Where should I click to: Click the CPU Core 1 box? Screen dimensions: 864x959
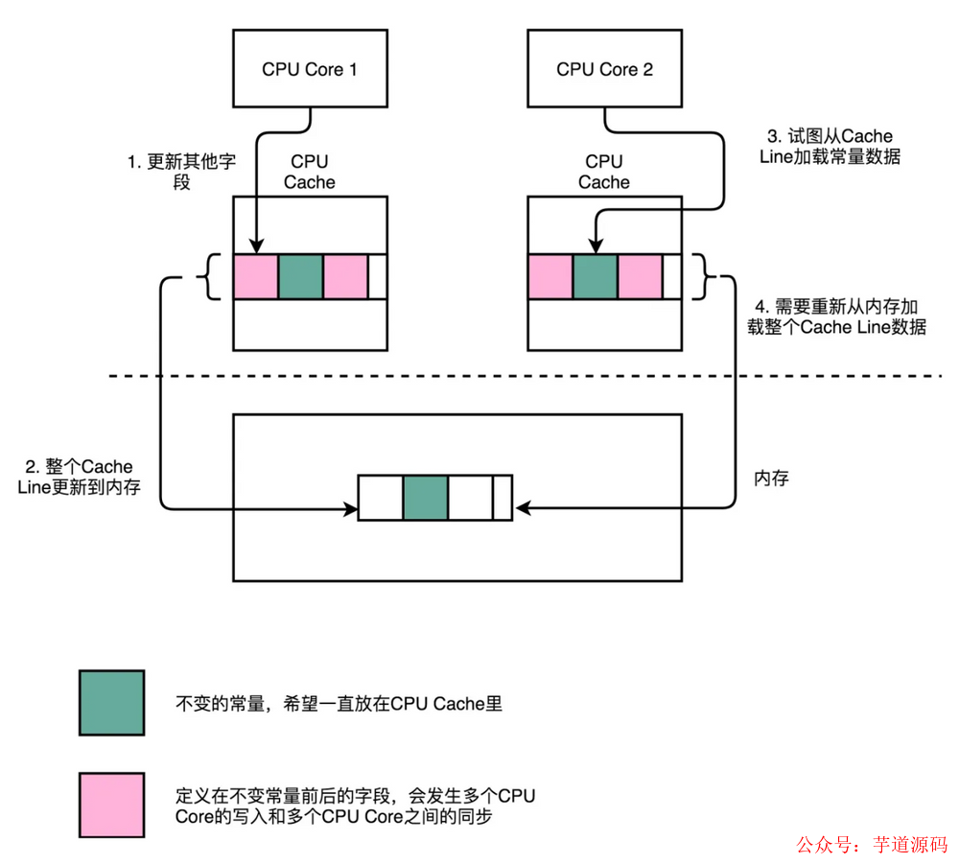coord(310,69)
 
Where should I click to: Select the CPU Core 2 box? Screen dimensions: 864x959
coord(604,69)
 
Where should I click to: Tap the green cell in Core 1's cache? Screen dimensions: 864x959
coord(301,276)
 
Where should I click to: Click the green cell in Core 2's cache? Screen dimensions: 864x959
coord(596,276)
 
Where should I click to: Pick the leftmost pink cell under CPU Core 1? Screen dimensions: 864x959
coord(256,276)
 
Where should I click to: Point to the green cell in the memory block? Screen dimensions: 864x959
coord(426,497)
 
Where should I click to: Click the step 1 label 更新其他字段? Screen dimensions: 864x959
coord(181,172)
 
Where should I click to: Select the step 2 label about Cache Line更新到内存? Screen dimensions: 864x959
coord(80,477)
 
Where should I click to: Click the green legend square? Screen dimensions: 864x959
coord(111,703)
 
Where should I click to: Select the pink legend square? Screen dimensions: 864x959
coord(111,805)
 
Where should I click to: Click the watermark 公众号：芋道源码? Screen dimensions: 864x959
coord(871,845)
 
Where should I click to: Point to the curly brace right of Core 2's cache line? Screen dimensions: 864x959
coord(710,276)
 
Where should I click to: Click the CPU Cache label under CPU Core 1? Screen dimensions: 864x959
coord(310,172)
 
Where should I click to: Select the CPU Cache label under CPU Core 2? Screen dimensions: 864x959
coord(604,172)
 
